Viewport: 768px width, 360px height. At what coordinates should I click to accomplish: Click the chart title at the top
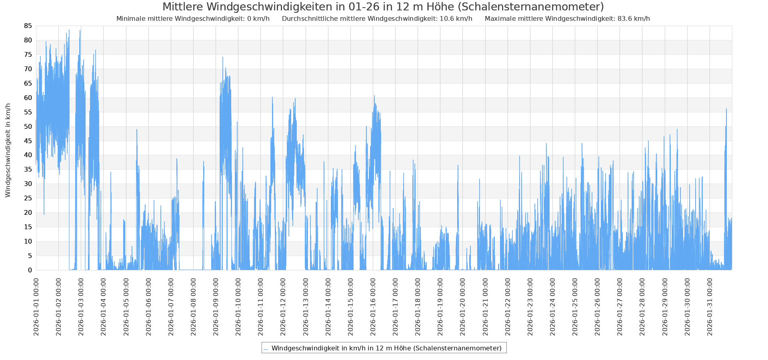[x=383, y=7]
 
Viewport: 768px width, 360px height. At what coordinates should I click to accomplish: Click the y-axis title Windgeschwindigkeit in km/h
[x=8, y=150]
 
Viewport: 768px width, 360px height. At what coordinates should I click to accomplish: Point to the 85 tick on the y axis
[x=28, y=26]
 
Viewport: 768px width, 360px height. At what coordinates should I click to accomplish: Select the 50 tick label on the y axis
[x=28, y=126]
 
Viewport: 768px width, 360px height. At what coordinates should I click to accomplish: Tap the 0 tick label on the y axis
[x=30, y=270]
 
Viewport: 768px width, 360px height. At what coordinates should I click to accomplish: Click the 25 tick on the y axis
[x=28, y=198]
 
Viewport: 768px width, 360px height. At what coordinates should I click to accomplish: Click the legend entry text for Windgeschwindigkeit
[x=386, y=348]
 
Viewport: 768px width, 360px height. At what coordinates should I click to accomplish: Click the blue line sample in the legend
[x=266, y=349]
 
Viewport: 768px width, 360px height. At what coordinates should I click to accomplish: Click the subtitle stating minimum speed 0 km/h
[x=193, y=19]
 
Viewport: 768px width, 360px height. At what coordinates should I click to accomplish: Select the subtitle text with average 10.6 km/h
[x=377, y=19]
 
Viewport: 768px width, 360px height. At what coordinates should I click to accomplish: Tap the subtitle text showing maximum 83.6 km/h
[x=567, y=19]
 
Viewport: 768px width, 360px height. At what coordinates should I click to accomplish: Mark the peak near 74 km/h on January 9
[x=223, y=58]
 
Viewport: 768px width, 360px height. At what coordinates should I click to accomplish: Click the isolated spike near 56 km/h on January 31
[x=726, y=109]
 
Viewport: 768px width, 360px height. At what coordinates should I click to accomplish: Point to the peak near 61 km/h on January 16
[x=374, y=96]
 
